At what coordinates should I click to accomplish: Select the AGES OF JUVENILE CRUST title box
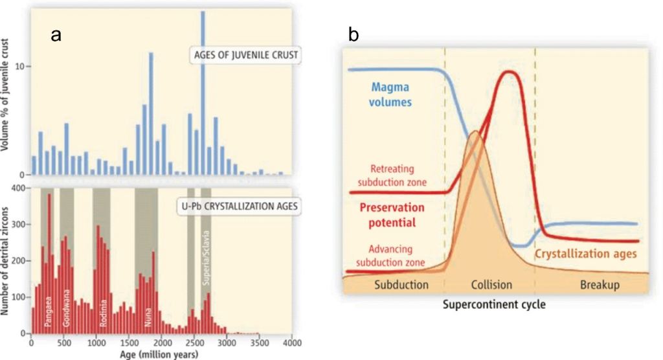tap(246, 55)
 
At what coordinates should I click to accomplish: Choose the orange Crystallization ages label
tap(585, 254)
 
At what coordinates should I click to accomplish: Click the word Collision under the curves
tap(491, 284)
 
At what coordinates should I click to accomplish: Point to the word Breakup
tap(600, 284)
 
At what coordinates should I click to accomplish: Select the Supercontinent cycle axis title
tap(494, 304)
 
